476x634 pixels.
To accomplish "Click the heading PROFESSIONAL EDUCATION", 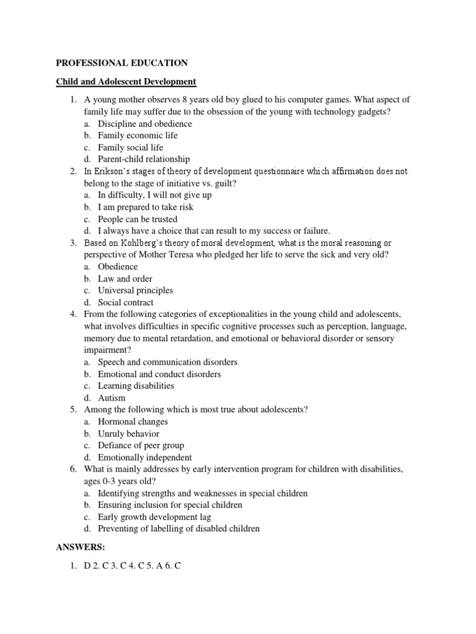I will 122,63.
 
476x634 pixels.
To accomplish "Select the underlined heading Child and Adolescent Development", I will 126,81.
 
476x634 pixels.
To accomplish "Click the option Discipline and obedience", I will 144,123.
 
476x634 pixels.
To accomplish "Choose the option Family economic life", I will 137,135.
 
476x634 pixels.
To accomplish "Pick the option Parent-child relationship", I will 144,159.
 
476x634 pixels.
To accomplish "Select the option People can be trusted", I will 137,219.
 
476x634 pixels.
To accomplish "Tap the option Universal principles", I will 135,290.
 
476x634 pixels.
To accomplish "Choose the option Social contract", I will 125,303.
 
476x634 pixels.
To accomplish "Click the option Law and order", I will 125,279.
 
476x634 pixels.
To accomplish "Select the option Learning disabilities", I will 136,386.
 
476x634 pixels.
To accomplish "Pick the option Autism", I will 112,398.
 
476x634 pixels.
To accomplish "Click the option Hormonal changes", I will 133,422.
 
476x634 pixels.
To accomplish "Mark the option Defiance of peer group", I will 141,445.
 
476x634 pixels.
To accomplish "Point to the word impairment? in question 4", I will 107,350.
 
